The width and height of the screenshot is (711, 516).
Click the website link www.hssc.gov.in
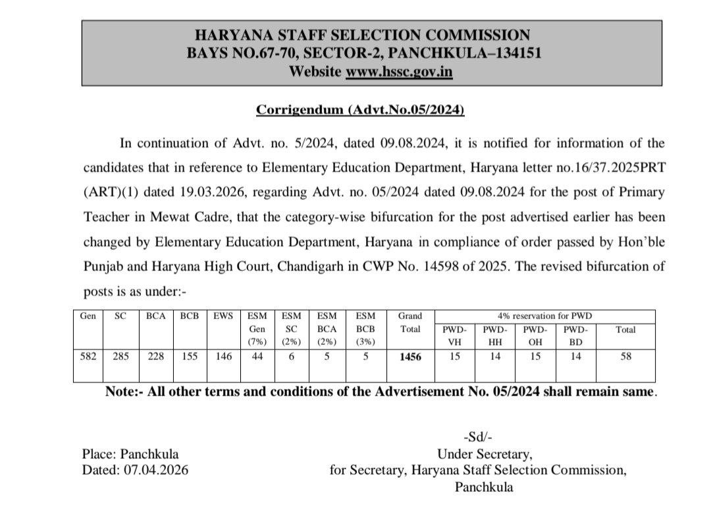coord(399,71)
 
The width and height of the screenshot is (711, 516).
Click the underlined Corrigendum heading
coord(360,110)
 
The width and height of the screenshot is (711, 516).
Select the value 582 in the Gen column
coord(88,357)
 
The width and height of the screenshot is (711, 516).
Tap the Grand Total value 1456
coord(409,357)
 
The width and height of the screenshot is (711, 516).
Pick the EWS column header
coord(222,316)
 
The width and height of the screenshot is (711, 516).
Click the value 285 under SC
coord(120,357)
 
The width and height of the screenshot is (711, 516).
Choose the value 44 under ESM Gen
coord(257,357)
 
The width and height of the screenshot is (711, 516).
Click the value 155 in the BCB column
coord(190,357)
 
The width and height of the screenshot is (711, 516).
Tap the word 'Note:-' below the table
coord(123,391)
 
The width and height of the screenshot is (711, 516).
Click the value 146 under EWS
coord(223,357)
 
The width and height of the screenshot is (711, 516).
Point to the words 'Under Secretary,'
coord(485,453)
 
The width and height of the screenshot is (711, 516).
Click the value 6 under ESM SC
coord(292,357)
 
